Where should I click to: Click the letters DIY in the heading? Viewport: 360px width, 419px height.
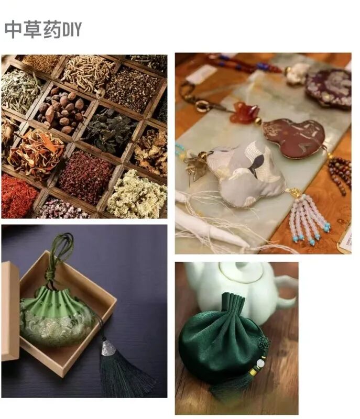point(71,30)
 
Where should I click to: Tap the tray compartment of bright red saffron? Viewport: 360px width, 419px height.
point(18,196)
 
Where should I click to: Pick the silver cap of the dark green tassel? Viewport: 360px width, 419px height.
point(108,348)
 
